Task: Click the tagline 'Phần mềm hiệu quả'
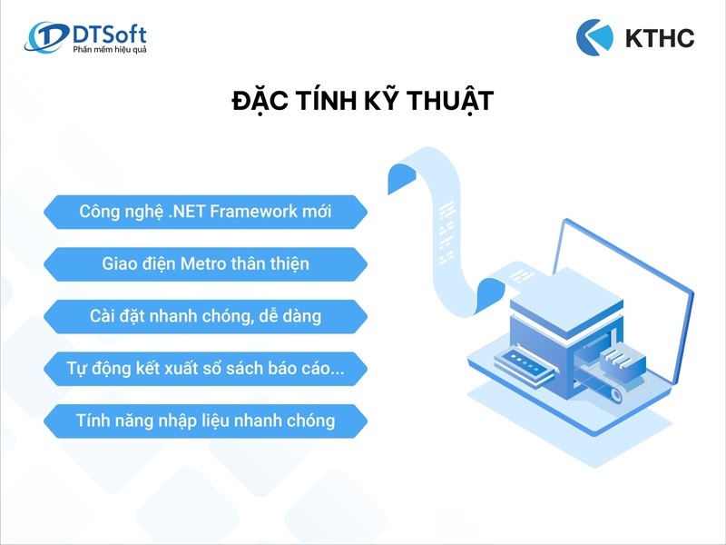coord(109,49)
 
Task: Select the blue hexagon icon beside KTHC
coord(595,36)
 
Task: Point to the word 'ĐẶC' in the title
coord(261,101)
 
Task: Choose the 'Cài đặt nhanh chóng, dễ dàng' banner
coord(205,316)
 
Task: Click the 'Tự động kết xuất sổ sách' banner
coord(205,369)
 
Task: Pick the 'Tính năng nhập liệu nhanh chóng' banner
coord(205,421)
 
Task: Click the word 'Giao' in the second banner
coord(121,264)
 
